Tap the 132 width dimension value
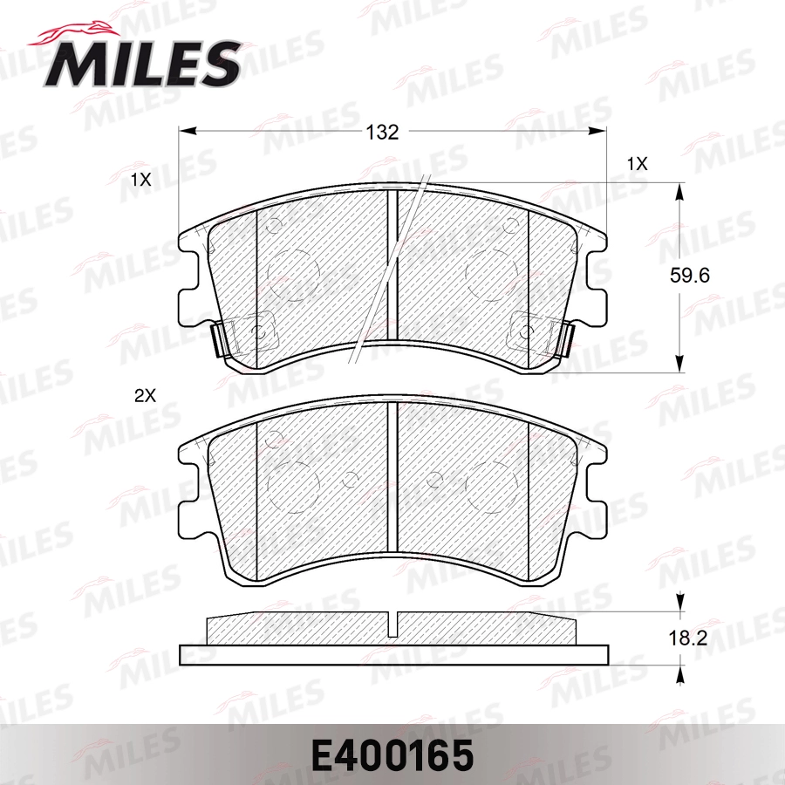click(x=381, y=133)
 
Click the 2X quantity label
click(x=144, y=395)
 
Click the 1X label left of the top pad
click(x=140, y=181)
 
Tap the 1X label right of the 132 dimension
click(x=637, y=163)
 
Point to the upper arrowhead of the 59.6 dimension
click(x=680, y=191)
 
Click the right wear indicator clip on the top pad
click(x=563, y=338)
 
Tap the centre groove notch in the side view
click(x=393, y=623)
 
